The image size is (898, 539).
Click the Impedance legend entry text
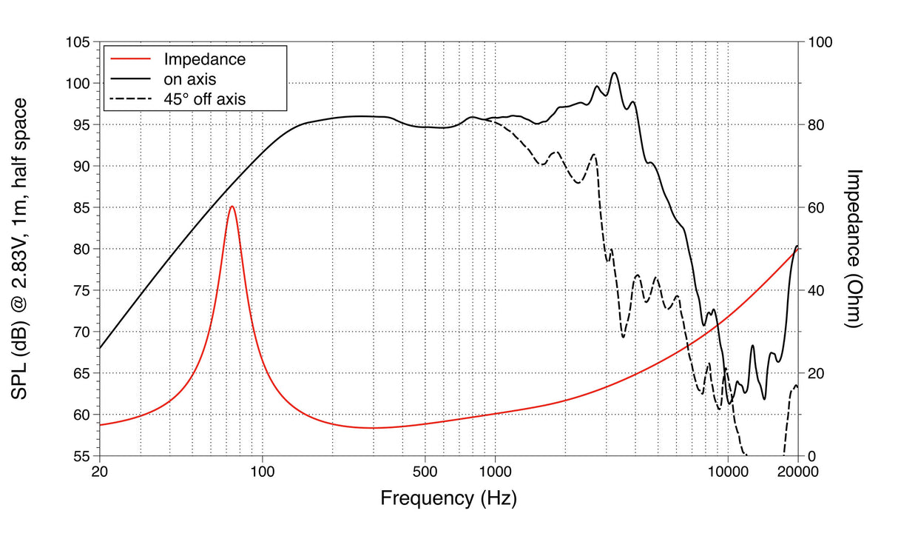(x=204, y=58)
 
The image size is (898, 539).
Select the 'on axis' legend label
(x=189, y=78)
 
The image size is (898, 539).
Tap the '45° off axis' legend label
(x=205, y=97)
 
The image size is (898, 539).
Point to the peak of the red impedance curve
(x=232, y=207)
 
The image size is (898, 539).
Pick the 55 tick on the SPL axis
(x=83, y=456)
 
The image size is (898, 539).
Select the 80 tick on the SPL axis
(x=83, y=250)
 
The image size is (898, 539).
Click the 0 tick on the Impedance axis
(x=811, y=456)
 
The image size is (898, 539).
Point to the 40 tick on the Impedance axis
(x=817, y=291)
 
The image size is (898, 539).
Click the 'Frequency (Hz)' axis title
(x=448, y=498)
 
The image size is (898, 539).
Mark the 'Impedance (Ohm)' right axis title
(x=856, y=249)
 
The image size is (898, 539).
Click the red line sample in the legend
(x=129, y=58)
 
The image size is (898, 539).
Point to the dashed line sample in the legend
(x=129, y=97)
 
